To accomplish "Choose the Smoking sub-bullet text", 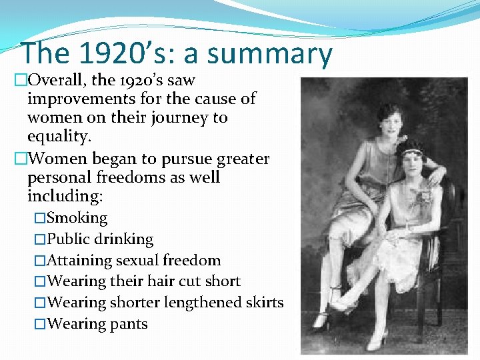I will click(x=77, y=218).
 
